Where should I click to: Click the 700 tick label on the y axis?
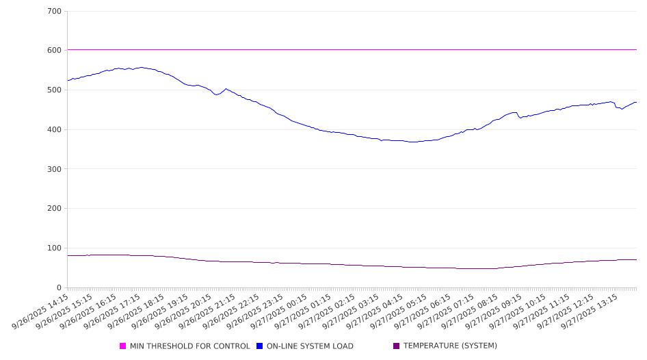[x=54, y=12]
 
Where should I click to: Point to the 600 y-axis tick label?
[x=54, y=51]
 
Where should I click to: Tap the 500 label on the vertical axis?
[x=54, y=90]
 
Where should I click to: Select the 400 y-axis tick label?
[x=54, y=130]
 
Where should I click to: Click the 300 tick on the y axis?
[x=54, y=169]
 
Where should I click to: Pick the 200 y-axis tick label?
[x=54, y=209]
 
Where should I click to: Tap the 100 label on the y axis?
[x=54, y=248]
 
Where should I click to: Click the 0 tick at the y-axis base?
[x=59, y=288]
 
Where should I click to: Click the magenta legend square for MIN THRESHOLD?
[x=123, y=346]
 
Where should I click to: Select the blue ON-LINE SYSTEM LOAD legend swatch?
[x=260, y=346]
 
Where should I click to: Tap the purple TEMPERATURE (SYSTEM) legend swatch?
[x=396, y=346]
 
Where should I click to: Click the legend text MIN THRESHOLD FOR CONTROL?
[x=189, y=346]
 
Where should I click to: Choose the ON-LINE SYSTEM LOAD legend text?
[x=310, y=346]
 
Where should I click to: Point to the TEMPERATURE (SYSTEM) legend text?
[x=450, y=346]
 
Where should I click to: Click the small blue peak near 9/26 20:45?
[x=226, y=88]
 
